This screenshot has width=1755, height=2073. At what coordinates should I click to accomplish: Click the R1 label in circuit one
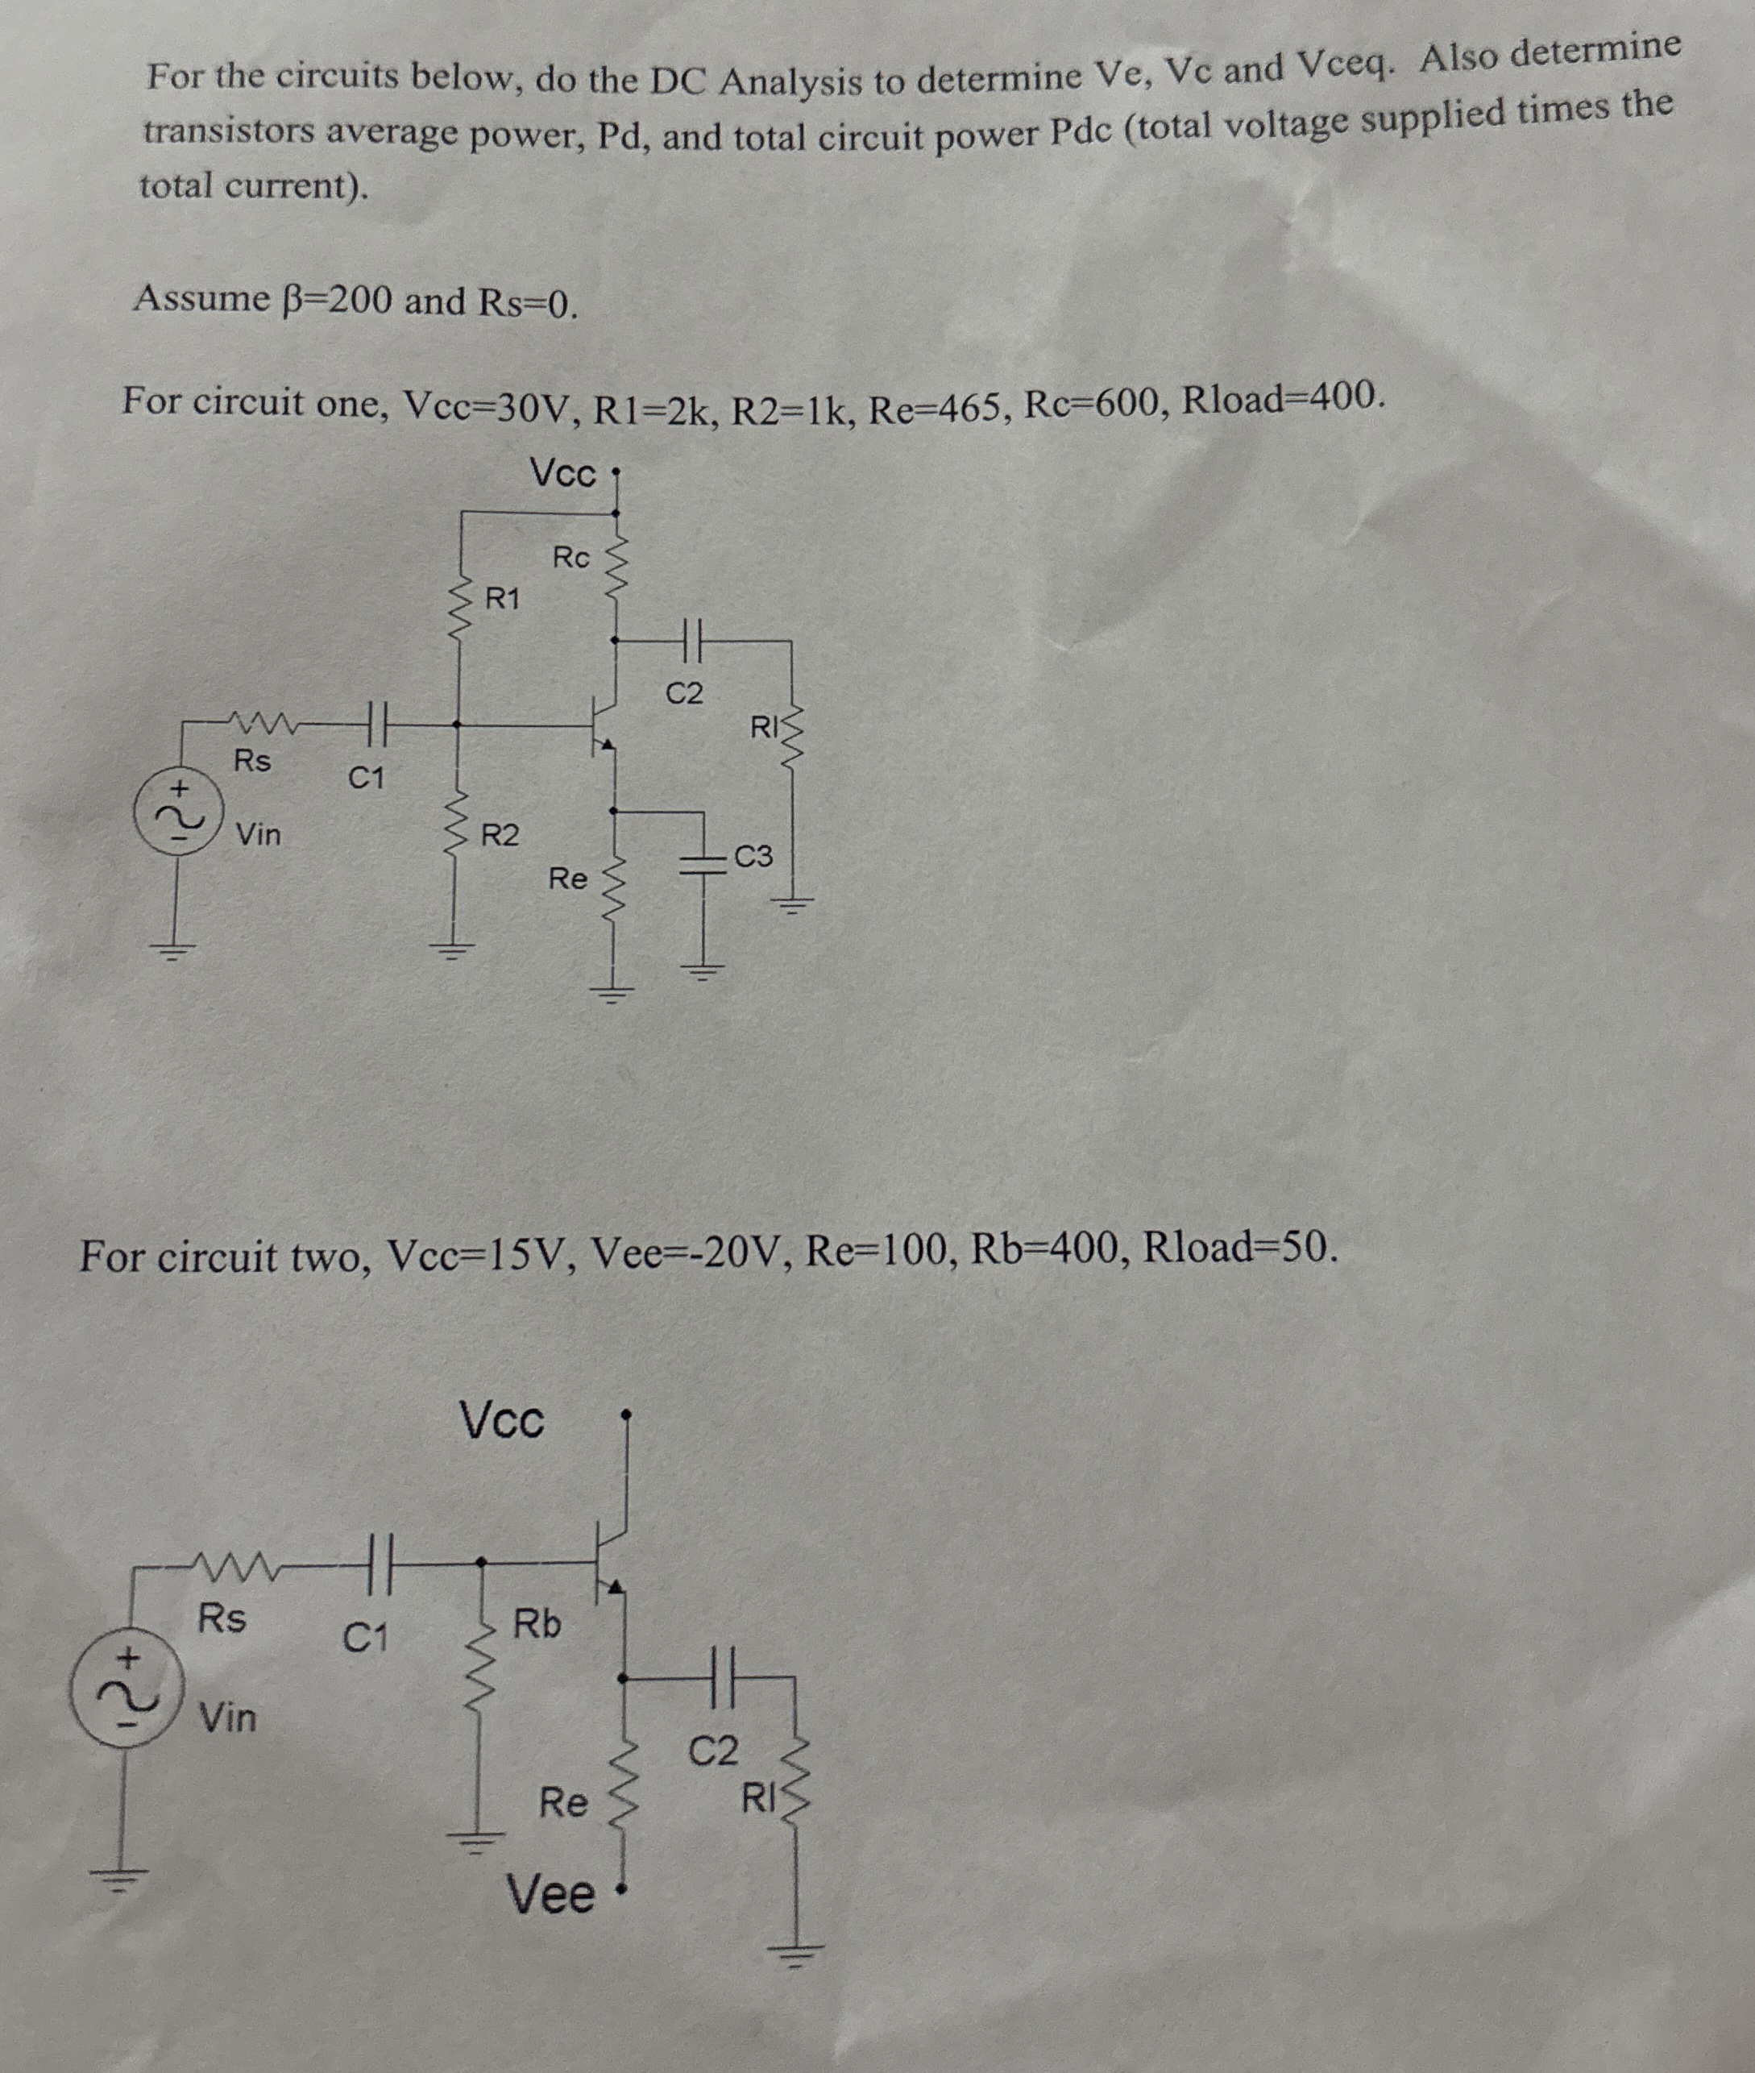[x=503, y=599]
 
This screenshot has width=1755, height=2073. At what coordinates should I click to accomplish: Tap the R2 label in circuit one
[x=500, y=835]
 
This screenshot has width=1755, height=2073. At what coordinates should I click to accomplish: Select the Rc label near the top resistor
[x=571, y=557]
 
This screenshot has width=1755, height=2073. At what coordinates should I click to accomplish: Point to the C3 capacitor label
[x=753, y=856]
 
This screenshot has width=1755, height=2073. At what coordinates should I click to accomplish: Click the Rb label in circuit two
[x=537, y=1624]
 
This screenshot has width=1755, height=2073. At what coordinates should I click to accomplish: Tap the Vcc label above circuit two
[x=503, y=1420]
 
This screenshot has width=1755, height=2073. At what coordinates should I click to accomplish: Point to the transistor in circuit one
[x=606, y=724]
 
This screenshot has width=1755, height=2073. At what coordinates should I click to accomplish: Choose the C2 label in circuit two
[x=715, y=1751]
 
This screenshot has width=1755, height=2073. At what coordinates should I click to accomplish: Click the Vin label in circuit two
[x=228, y=1717]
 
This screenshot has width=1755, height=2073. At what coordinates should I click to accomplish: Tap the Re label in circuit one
[x=568, y=879]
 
